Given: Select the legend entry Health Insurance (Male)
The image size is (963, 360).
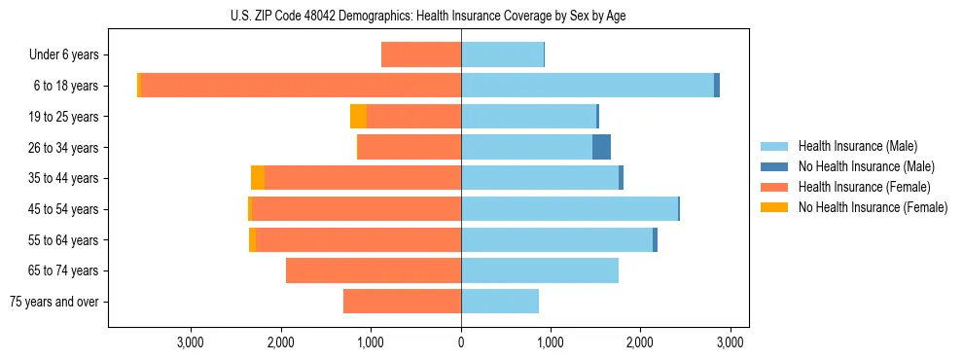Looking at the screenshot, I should (856, 146).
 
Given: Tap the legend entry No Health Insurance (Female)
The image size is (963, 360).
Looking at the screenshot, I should (873, 207).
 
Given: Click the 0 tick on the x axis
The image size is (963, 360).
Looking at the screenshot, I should (461, 342).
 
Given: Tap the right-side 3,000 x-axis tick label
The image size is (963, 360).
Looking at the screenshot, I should (731, 342).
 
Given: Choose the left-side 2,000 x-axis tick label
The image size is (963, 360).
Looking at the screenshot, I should (281, 342).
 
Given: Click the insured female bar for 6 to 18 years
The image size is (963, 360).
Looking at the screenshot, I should (301, 86).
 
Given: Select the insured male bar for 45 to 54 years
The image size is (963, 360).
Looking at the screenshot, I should (569, 209).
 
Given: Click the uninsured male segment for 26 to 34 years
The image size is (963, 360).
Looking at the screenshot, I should (601, 147).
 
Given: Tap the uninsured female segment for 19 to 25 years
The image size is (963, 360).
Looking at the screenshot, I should (358, 117).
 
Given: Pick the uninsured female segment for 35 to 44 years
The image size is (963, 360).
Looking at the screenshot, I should (258, 178).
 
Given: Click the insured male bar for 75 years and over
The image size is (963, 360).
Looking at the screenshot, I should (500, 302).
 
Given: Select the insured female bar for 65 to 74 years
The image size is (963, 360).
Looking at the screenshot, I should (374, 270).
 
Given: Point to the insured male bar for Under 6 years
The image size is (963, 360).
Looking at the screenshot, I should (502, 54).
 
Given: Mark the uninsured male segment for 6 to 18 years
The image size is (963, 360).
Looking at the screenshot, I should (717, 86).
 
